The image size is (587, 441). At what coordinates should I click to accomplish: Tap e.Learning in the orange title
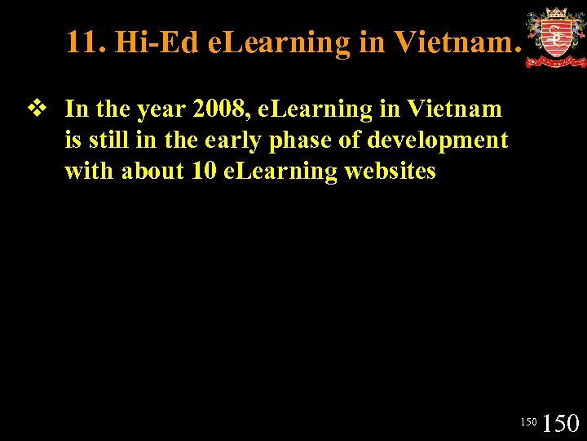point(279,42)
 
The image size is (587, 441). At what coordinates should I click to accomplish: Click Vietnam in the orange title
point(457,42)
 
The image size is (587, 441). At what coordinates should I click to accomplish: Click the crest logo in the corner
point(555,38)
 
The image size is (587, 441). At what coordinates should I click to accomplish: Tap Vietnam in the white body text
point(455,109)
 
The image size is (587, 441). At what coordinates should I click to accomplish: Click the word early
point(230,140)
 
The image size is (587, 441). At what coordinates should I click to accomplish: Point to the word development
point(438,140)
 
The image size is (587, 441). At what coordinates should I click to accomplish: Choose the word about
point(148,171)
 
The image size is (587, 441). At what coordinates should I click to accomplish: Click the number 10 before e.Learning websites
point(201,171)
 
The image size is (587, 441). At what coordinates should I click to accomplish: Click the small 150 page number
point(528,422)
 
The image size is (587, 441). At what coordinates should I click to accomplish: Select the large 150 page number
point(561,422)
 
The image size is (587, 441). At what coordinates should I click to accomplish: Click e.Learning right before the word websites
point(280,171)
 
